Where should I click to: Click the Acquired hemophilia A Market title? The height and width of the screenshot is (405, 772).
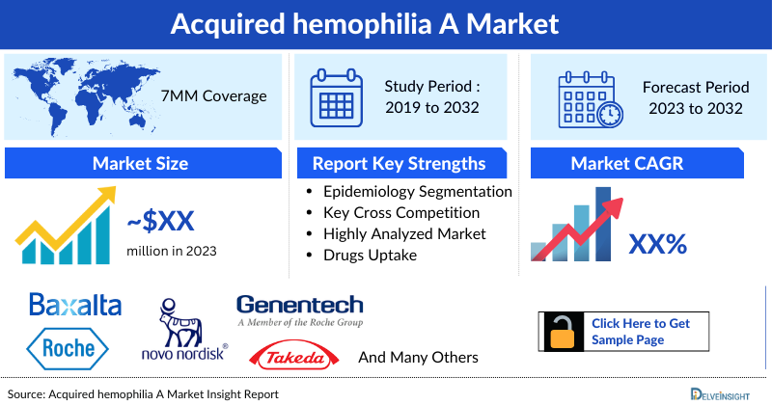(386, 22)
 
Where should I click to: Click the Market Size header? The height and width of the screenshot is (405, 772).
(141, 163)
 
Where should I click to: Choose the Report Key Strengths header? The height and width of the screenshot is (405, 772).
(398, 163)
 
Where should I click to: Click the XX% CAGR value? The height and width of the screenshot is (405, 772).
(657, 244)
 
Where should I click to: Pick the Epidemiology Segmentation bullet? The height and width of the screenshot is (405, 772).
(417, 192)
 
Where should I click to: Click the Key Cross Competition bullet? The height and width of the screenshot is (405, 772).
(400, 213)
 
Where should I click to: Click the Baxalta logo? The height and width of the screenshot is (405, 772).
(75, 306)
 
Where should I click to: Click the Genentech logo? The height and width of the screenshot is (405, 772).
(299, 310)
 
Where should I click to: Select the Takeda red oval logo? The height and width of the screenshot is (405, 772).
(293, 357)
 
